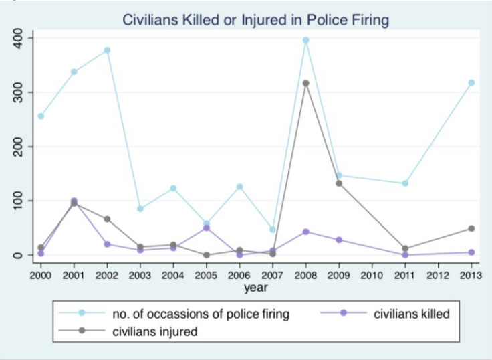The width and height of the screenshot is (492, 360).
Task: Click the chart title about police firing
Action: [255, 20]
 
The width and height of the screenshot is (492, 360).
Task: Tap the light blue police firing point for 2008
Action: [305, 41]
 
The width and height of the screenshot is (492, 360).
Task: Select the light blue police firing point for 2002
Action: [107, 50]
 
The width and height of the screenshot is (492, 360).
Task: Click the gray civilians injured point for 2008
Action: [305, 84]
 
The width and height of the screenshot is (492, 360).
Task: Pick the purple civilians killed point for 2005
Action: [207, 228]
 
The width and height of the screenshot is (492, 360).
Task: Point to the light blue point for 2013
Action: [471, 83]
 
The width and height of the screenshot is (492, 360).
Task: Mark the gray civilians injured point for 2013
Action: [471, 229]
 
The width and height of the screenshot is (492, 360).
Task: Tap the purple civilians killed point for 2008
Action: [305, 232]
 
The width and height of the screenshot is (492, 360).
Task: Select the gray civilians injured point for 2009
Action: [339, 183]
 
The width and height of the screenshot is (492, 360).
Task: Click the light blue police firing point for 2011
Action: [405, 183]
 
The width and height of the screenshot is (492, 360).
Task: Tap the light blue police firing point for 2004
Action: [173, 189]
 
